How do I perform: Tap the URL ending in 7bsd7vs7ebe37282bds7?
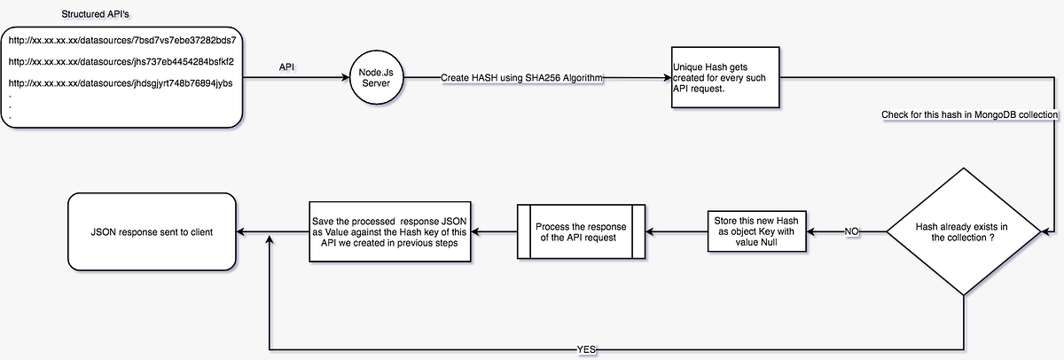121,41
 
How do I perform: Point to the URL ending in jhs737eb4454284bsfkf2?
121,62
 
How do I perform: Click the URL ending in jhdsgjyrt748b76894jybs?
121,82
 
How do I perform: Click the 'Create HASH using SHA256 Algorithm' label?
522,79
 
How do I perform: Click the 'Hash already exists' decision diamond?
963,233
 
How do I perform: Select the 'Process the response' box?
581,232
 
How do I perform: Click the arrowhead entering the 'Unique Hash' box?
667,78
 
